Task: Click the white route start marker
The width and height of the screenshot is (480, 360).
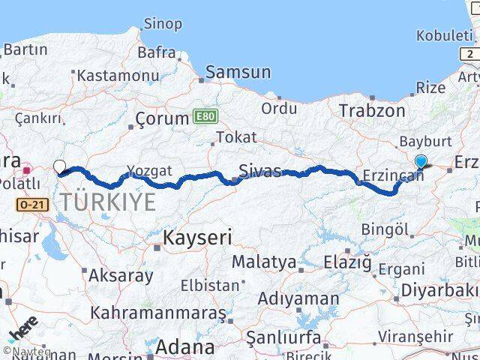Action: point(59,167)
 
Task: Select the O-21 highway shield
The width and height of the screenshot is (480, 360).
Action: point(29,203)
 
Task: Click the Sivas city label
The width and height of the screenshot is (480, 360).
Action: point(259,172)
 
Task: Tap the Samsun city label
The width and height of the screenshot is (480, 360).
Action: point(238,73)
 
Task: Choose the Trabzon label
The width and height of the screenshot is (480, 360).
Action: point(371,111)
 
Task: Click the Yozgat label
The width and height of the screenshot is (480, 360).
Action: point(150,171)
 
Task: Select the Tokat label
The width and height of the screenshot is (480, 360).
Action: point(235,137)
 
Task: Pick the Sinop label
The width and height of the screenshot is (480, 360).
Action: point(162,25)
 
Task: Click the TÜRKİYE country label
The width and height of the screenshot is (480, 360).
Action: point(109,202)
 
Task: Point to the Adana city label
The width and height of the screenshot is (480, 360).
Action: point(184,347)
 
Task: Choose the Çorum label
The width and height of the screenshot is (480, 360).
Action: point(161,118)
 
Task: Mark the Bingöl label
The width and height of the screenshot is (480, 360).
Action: point(385,229)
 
